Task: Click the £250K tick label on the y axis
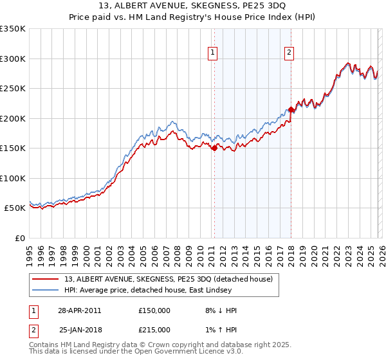point(13,89)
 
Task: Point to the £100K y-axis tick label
point(13,178)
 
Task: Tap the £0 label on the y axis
point(19,238)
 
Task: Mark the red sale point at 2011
point(214,148)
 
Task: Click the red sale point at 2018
point(291,109)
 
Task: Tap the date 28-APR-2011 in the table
point(79,310)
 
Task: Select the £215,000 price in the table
point(154,329)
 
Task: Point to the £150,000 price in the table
point(154,310)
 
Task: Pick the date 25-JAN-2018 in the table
point(79,329)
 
